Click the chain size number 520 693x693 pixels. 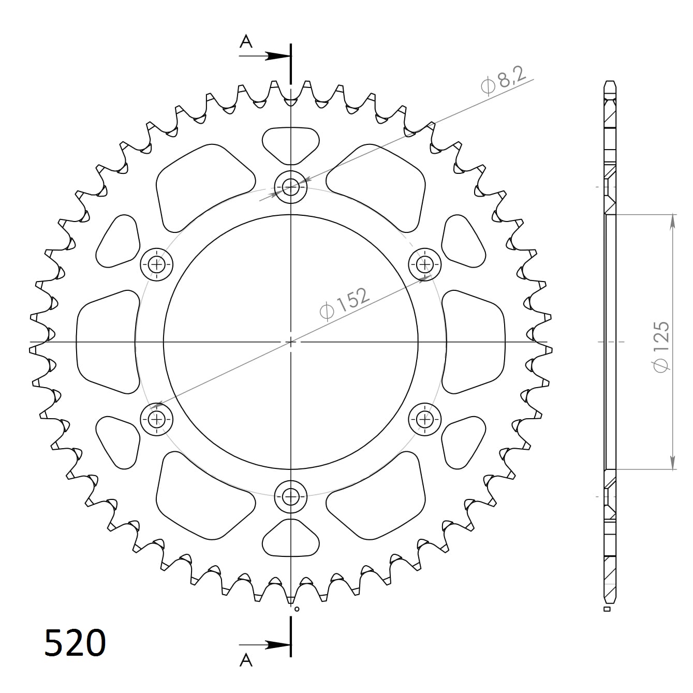point(75,643)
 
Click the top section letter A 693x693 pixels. point(246,41)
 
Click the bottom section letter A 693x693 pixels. point(246,660)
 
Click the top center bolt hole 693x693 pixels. point(291,186)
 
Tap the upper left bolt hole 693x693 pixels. point(157,264)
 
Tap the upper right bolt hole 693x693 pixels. point(425,264)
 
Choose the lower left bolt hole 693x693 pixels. point(157,418)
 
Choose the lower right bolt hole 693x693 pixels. point(425,418)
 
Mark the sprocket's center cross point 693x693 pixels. point(291,342)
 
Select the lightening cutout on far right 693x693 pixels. point(474,342)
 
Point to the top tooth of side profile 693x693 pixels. point(610,85)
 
